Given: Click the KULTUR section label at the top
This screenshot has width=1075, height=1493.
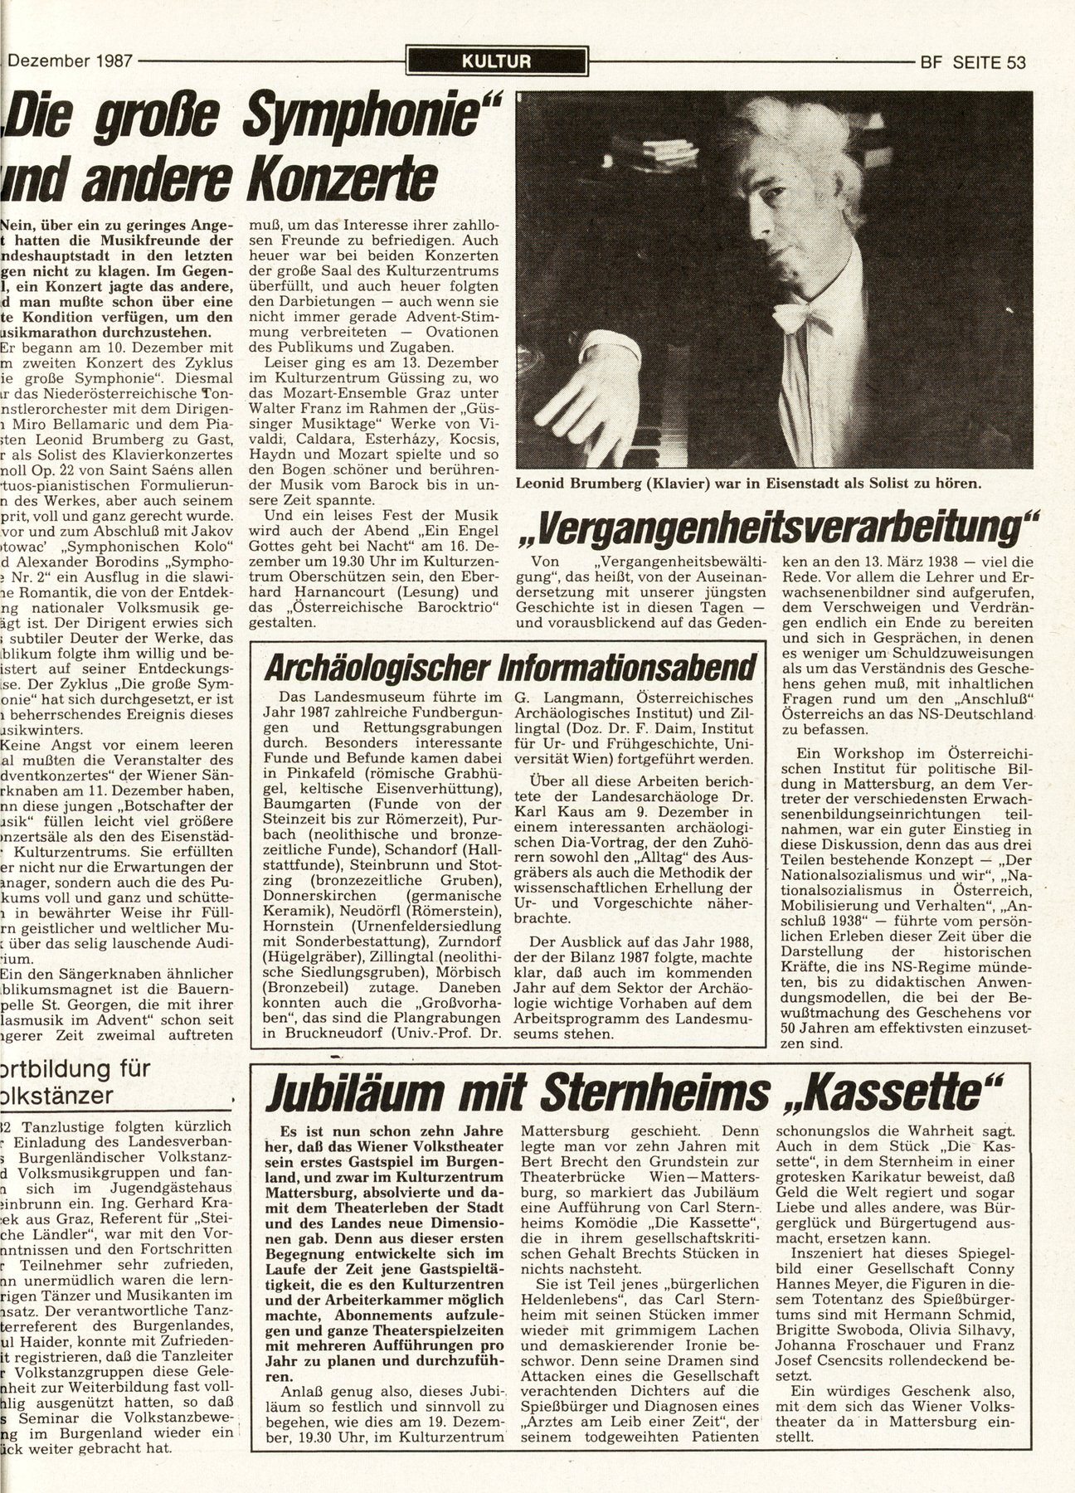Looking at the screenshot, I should pos(498,60).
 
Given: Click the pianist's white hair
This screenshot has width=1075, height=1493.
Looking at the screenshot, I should pos(747,141).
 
